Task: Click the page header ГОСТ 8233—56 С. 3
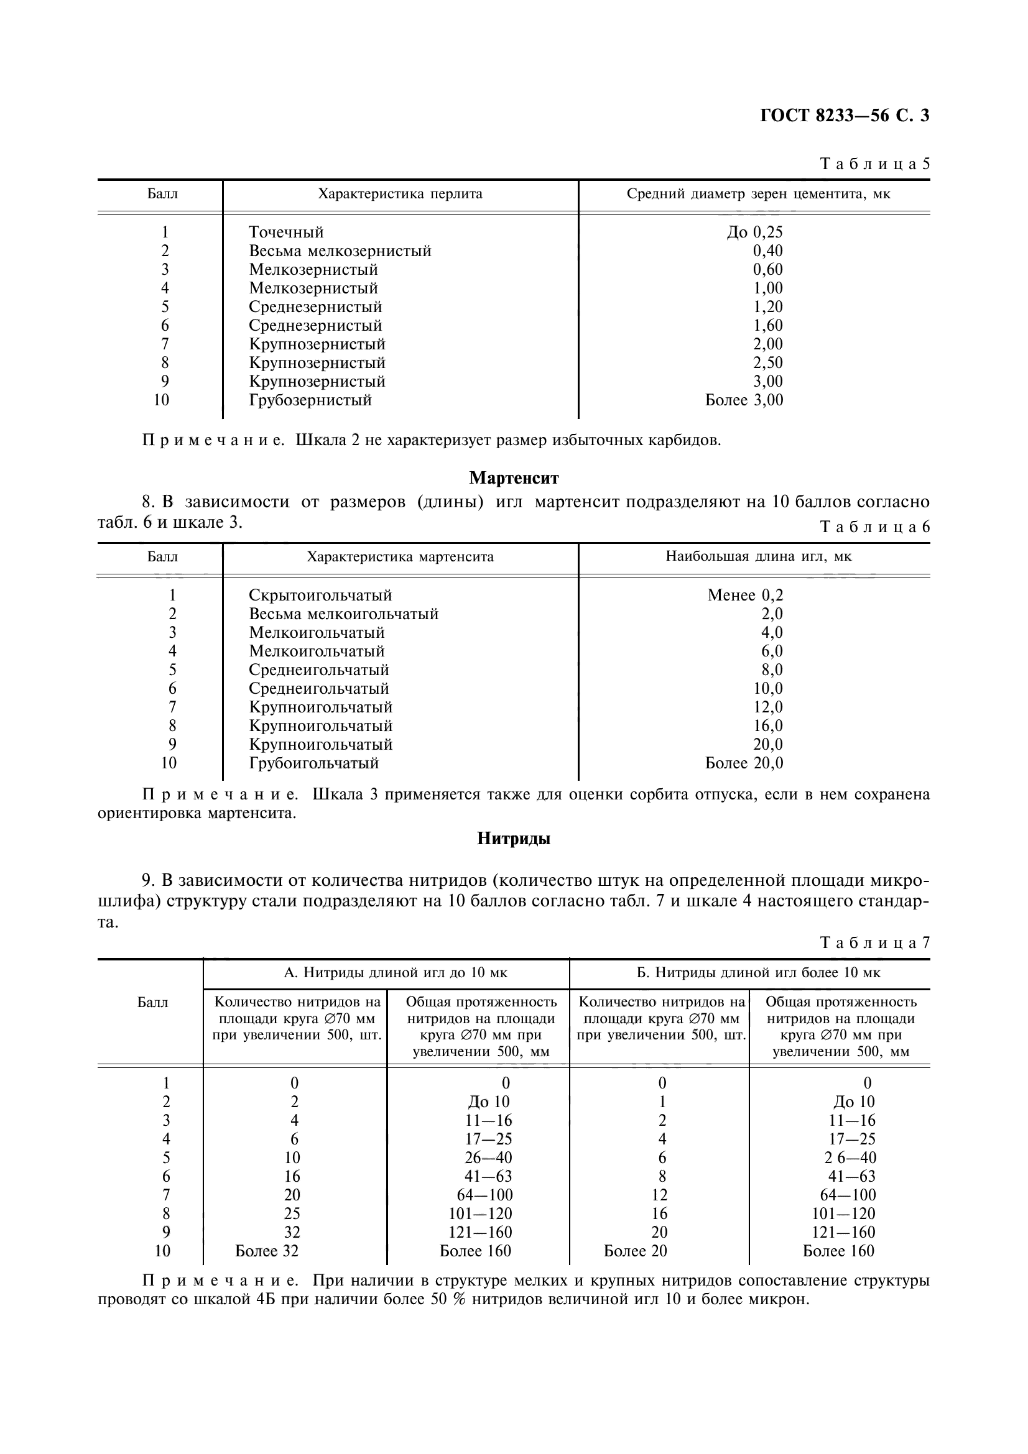pyautogui.click(x=844, y=116)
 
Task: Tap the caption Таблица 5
pyautogui.click(x=875, y=164)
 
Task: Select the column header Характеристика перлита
pyautogui.click(x=400, y=195)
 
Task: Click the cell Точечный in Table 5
pyautogui.click(x=286, y=232)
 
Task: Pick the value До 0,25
pyautogui.click(x=754, y=232)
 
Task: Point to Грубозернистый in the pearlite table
pyautogui.click(x=310, y=400)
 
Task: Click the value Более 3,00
pyautogui.click(x=744, y=400)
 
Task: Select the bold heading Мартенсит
pyautogui.click(x=514, y=477)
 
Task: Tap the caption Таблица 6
pyautogui.click(x=875, y=527)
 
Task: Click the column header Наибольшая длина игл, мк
pyautogui.click(x=758, y=556)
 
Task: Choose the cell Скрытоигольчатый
pyautogui.click(x=320, y=596)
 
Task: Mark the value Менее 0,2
pyautogui.click(x=745, y=596)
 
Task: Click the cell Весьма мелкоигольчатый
pyautogui.click(x=343, y=614)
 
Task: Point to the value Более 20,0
pyautogui.click(x=744, y=763)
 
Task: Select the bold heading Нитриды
pyautogui.click(x=514, y=839)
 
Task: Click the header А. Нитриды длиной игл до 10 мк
pyautogui.click(x=386, y=973)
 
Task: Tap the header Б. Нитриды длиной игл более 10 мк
pyautogui.click(x=749, y=973)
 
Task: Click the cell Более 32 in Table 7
pyautogui.click(x=267, y=1251)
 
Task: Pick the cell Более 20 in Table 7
pyautogui.click(x=636, y=1251)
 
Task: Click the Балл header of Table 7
pyautogui.click(x=152, y=1003)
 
